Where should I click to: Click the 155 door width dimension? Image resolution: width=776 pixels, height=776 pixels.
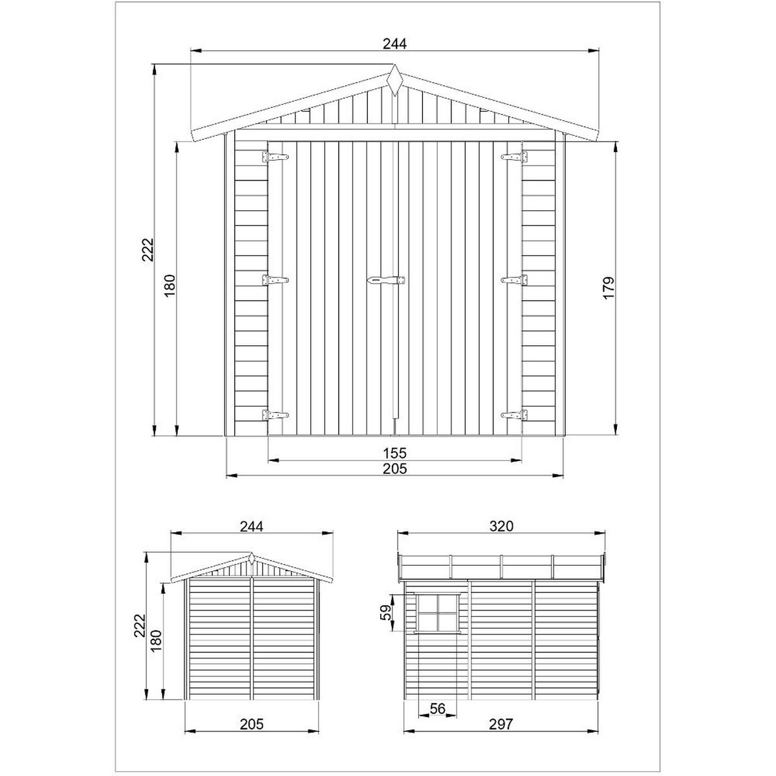(x=394, y=452)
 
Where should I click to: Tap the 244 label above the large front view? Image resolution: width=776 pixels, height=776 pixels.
(x=394, y=43)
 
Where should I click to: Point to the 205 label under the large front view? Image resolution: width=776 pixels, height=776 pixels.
(x=394, y=469)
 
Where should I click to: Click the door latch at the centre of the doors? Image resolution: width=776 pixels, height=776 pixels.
(x=386, y=280)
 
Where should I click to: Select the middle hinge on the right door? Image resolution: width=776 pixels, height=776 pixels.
(x=514, y=280)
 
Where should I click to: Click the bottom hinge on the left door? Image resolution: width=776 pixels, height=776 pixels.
(x=274, y=415)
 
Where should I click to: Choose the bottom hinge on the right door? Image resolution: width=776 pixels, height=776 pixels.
(x=514, y=415)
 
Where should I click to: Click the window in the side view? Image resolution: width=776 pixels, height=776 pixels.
(x=438, y=612)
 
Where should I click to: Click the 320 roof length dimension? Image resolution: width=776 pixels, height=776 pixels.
(x=501, y=526)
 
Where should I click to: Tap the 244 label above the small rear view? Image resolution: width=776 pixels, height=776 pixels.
(x=251, y=526)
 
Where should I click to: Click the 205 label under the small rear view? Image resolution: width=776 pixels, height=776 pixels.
(x=251, y=724)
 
